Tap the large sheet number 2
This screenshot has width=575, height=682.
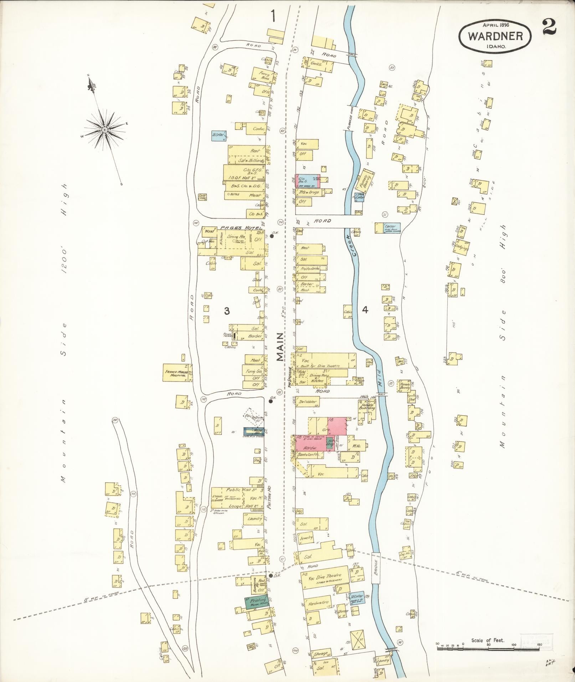tap(550, 27)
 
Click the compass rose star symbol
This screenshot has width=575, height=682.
tap(104, 130)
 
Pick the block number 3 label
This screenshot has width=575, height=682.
tap(227, 311)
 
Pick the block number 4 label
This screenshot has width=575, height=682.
tap(365, 310)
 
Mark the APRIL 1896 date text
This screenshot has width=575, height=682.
tap(496, 25)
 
